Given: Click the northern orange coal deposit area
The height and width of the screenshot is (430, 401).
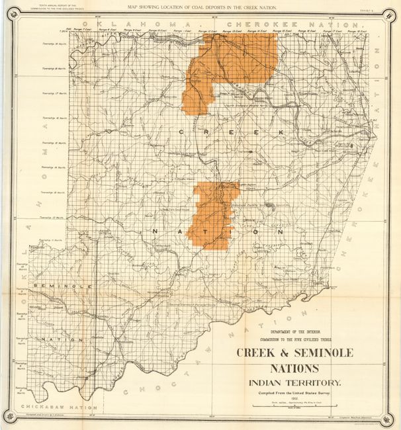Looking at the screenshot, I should pyautogui.click(x=225, y=66).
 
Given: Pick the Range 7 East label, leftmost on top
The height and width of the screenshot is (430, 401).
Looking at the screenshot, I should pyautogui.click(x=82, y=30).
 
